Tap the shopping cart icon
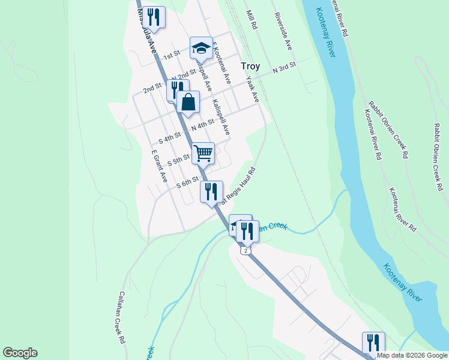(x=203, y=153)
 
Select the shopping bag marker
(x=188, y=102)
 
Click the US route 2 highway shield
(x=246, y=250)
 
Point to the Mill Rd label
(x=252, y=20)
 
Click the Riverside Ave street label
(x=283, y=31)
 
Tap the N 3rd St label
(x=285, y=67)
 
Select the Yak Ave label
(x=252, y=89)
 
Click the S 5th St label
(x=179, y=161)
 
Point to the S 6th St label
(x=187, y=181)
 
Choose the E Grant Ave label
(x=158, y=166)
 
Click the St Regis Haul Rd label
(x=239, y=185)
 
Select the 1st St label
(x=172, y=55)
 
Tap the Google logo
(x=20, y=353)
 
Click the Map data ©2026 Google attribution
(x=411, y=355)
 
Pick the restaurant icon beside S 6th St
(x=211, y=192)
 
